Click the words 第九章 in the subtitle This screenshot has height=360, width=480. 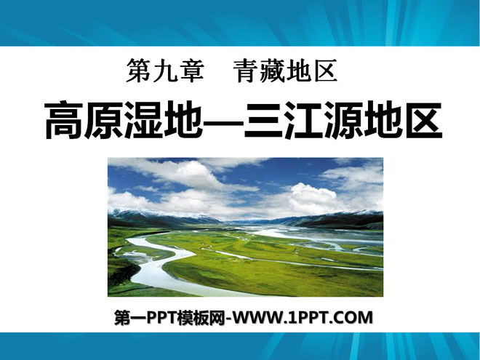pyautogui.click(x=165, y=71)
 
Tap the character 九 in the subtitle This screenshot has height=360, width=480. pyautogui.click(x=165, y=71)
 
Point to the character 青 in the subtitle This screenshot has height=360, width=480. pyautogui.click(x=246, y=71)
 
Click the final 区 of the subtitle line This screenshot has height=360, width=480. pyautogui.click(x=325, y=71)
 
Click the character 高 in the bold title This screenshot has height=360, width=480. pyautogui.click(x=64, y=120)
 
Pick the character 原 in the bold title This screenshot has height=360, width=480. pyautogui.click(x=103, y=120)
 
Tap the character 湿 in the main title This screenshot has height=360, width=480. pyautogui.click(x=143, y=120)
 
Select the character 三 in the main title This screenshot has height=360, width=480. pyautogui.click(x=263, y=120)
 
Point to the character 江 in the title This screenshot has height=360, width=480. pyautogui.click(x=303, y=120)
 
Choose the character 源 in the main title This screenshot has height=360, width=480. pyautogui.click(x=343, y=120)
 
